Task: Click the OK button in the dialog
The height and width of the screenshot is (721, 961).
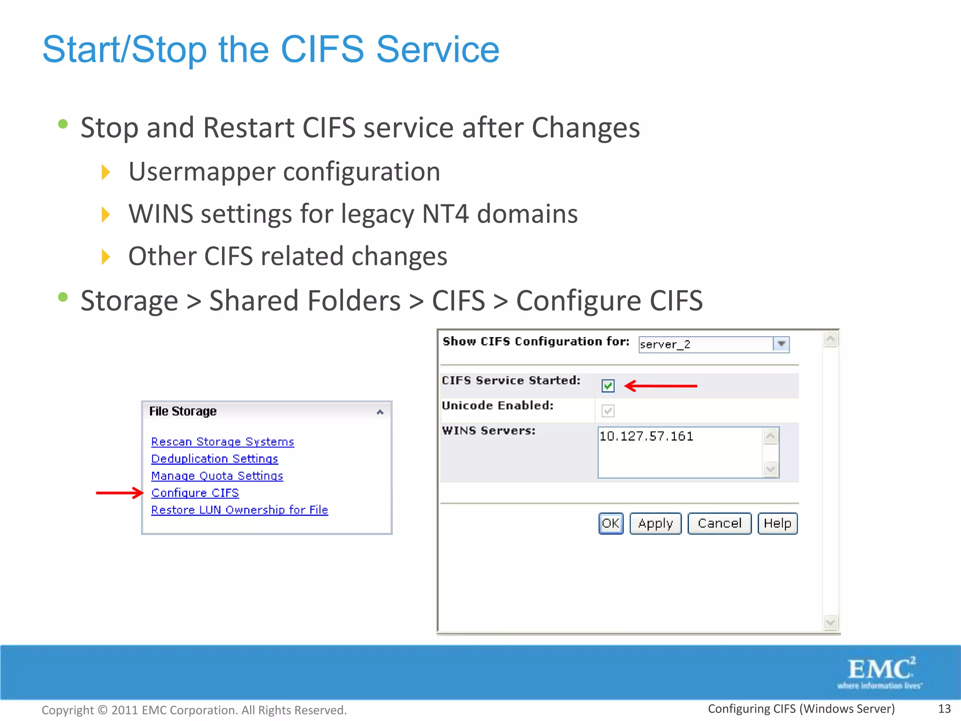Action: (x=610, y=523)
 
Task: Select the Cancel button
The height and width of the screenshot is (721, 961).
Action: (x=719, y=523)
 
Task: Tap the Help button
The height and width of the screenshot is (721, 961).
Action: (x=777, y=523)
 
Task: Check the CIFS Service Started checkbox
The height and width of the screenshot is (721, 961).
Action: (x=608, y=386)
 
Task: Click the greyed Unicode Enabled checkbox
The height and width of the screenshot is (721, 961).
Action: (x=608, y=411)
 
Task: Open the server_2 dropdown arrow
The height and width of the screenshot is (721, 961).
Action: (x=781, y=344)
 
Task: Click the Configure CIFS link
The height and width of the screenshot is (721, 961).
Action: (x=195, y=493)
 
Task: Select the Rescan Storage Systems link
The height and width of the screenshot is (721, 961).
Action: (x=222, y=442)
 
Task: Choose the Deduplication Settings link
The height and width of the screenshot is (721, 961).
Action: (x=214, y=459)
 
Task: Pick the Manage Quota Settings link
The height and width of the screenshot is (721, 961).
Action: (x=217, y=476)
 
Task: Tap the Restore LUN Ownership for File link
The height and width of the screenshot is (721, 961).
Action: (x=239, y=510)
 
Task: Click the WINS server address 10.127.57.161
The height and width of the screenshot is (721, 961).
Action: (x=646, y=437)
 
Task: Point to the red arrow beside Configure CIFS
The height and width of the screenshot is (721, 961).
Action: (x=119, y=493)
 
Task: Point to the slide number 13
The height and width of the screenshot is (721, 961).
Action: (x=944, y=709)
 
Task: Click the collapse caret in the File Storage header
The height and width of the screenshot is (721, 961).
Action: (x=380, y=412)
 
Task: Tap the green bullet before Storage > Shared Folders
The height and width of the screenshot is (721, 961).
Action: (x=63, y=297)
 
